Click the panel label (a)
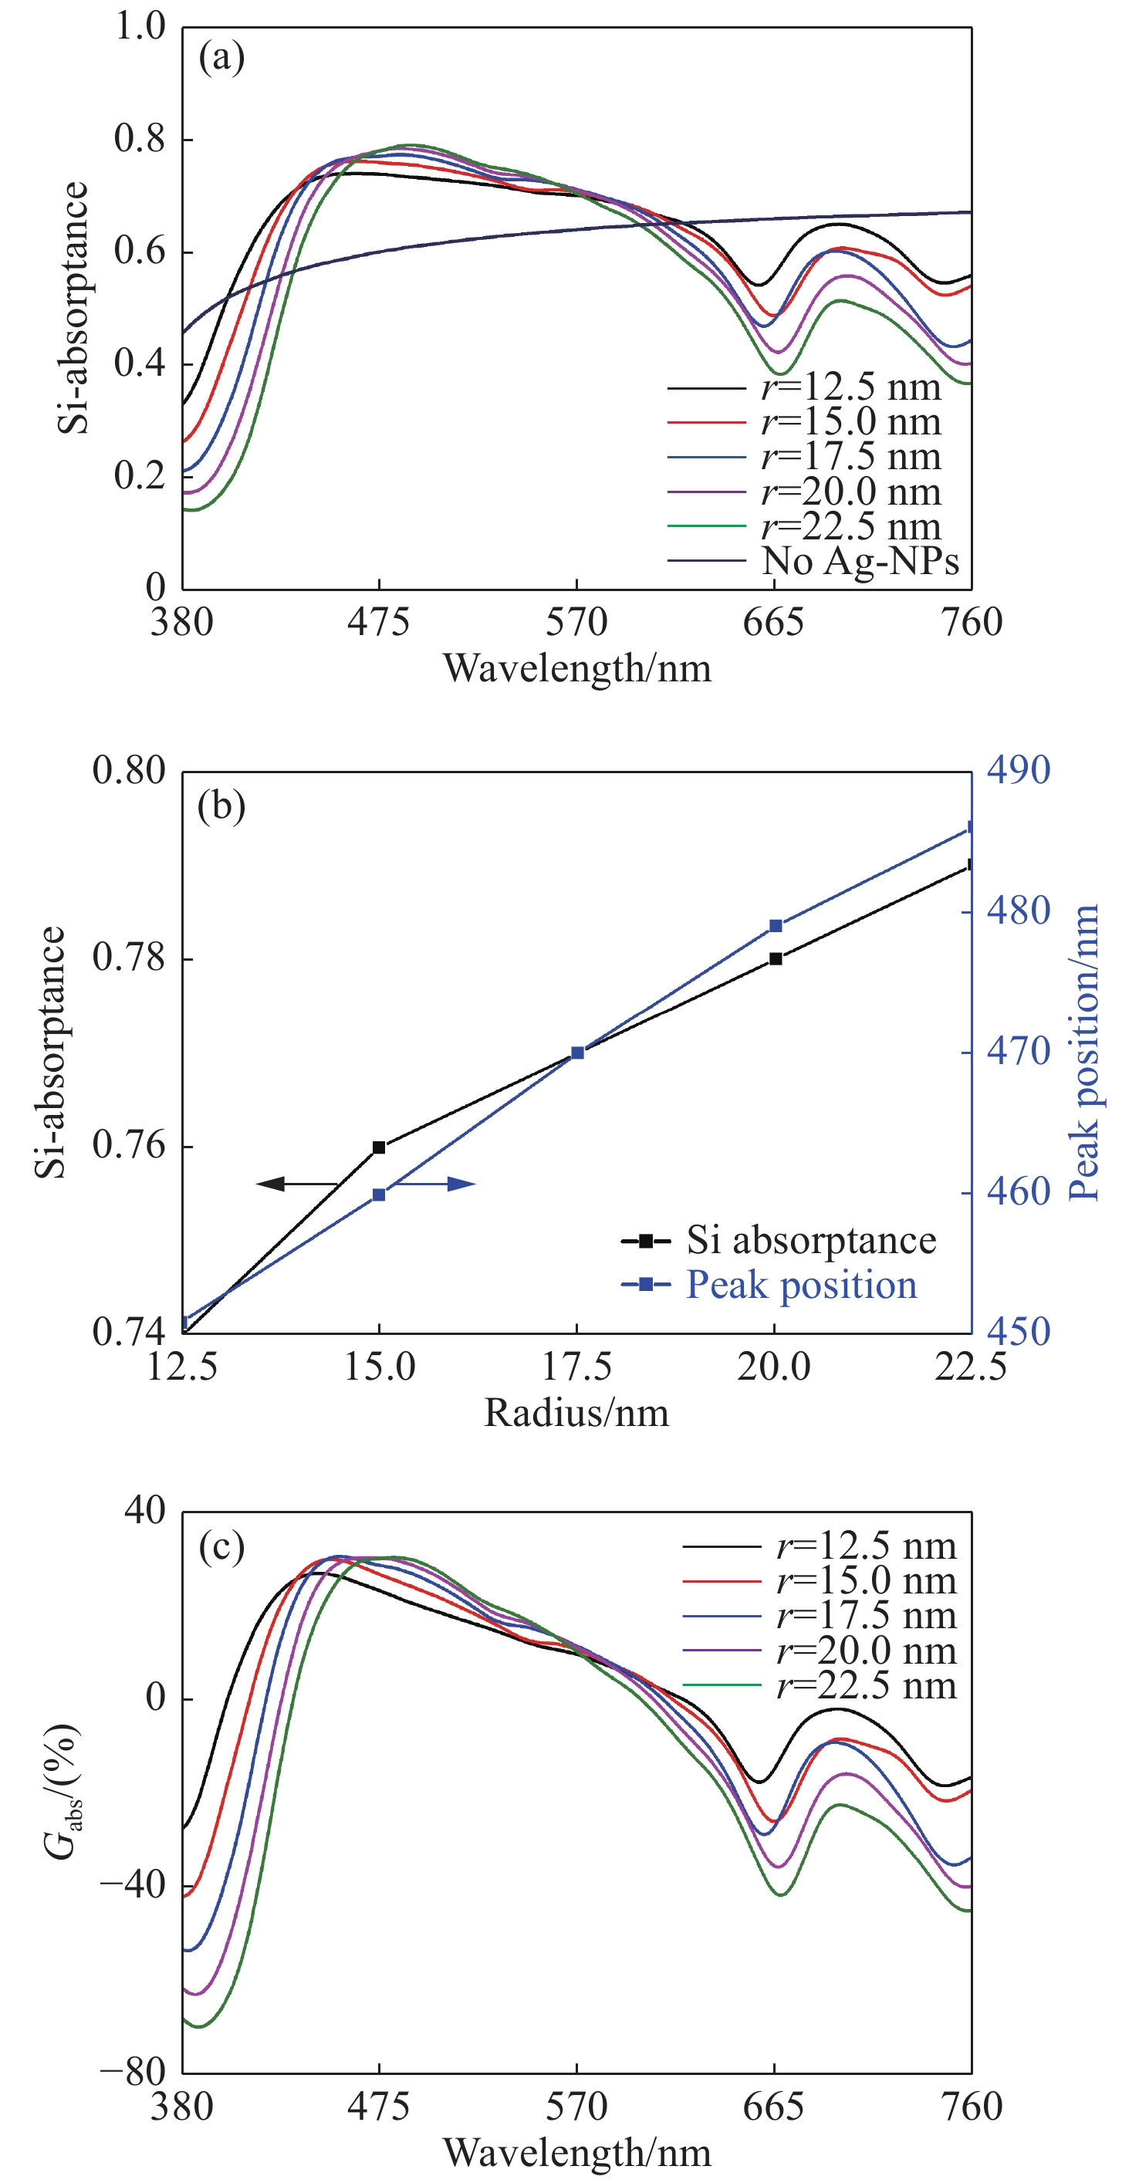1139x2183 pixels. pos(221,58)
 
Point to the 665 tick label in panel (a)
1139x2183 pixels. pos(773,623)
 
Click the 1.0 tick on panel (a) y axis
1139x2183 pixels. pos(140,26)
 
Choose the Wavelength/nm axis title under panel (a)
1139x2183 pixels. pos(577,668)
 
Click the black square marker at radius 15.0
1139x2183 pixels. pos(379,1147)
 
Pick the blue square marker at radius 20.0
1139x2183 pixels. pos(776,926)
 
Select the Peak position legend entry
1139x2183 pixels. pos(801,1285)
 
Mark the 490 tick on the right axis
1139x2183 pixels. pos(1018,770)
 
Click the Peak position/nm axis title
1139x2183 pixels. pos(1083,1052)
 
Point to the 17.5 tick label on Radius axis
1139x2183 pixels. pos(577,1366)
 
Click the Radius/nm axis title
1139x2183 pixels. pos(576,1413)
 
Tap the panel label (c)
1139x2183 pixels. pos(221,1546)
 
